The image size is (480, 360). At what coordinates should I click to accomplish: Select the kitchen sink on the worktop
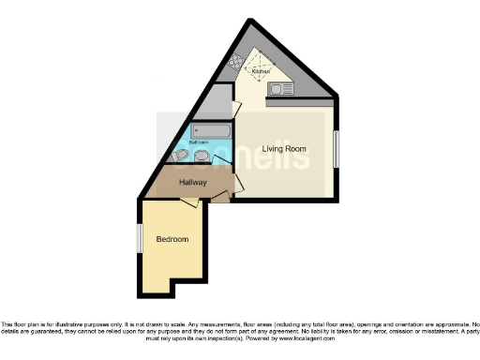tap(281, 88)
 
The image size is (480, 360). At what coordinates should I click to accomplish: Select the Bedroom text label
tap(172, 239)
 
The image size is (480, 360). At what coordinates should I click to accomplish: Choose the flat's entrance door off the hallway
tap(219, 196)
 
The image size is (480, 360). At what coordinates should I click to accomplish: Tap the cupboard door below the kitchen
tap(236, 110)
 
